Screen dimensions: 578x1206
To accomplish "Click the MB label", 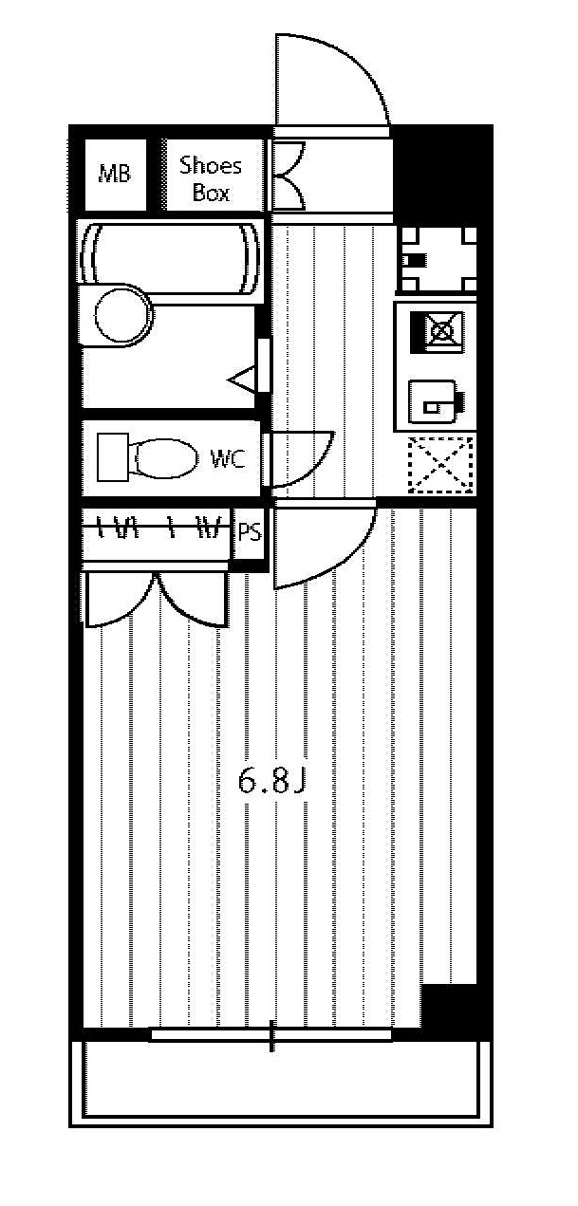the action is click(x=115, y=174).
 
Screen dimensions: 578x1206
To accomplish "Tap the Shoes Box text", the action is click(x=211, y=178).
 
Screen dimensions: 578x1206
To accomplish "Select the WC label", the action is click(x=228, y=459).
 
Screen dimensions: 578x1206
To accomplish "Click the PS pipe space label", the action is click(x=250, y=532).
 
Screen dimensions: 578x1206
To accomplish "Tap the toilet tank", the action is click(x=113, y=457).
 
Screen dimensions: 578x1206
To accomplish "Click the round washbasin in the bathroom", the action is click(x=123, y=315).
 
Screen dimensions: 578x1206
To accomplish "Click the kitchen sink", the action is click(x=434, y=402).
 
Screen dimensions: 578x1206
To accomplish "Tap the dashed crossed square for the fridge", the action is click(x=440, y=465).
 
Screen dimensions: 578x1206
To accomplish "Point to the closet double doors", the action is click(x=157, y=601).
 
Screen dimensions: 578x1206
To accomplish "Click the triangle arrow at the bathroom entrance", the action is click(x=241, y=380).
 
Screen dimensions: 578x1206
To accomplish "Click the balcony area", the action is click(x=281, y=1078).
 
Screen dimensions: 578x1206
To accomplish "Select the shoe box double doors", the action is click(x=289, y=176).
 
